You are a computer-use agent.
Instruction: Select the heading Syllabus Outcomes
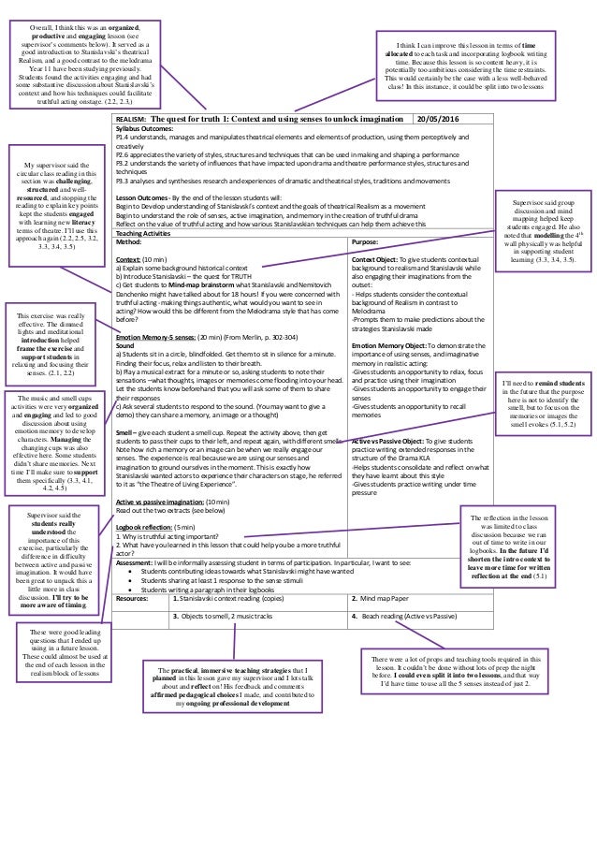pos(145,130)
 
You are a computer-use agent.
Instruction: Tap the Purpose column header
pos(364,240)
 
